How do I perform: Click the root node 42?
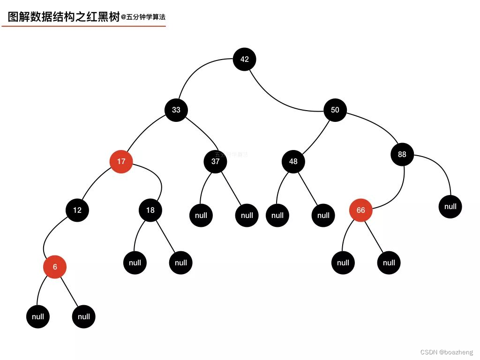click(x=244, y=60)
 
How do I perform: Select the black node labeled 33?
click(x=176, y=110)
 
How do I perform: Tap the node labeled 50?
click(x=335, y=110)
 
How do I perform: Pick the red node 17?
click(x=121, y=162)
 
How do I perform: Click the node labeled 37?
click(x=215, y=162)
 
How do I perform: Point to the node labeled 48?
click(x=293, y=162)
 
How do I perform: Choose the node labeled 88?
click(x=402, y=154)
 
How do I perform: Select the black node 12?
click(x=77, y=210)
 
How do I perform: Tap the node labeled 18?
click(x=150, y=210)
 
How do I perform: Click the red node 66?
click(x=360, y=210)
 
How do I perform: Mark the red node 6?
click(x=55, y=267)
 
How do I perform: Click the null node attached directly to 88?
click(x=450, y=207)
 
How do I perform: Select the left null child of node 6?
click(x=38, y=317)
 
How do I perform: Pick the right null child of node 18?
click(x=180, y=263)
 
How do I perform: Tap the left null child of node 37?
click(x=201, y=216)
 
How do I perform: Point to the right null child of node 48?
click(x=323, y=216)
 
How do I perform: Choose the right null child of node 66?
click(x=389, y=263)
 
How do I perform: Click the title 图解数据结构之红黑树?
click(x=64, y=17)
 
